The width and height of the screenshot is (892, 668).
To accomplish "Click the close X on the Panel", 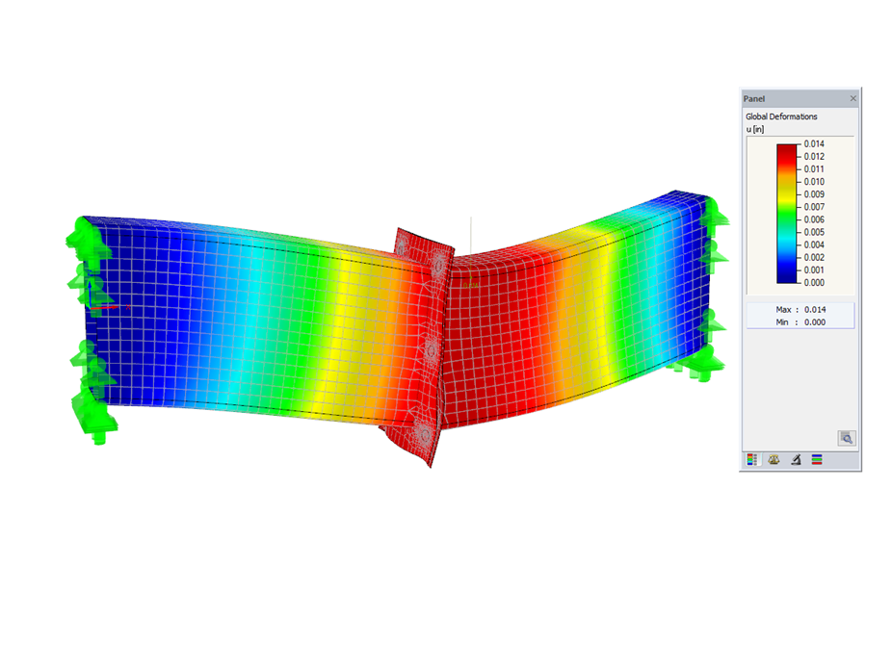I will [x=853, y=99].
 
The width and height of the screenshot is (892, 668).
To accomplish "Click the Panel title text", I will [x=753, y=99].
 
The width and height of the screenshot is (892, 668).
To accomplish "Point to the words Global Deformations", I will [x=781, y=116].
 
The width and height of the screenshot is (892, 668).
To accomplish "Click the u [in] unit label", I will [x=754, y=128].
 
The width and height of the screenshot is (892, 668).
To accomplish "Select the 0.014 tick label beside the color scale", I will [x=815, y=143].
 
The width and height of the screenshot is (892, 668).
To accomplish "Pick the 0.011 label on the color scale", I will [x=815, y=168].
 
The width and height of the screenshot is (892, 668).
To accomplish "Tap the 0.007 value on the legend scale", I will [x=815, y=207].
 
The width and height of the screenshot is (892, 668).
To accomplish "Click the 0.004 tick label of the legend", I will [x=815, y=244].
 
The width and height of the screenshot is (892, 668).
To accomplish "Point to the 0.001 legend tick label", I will [x=815, y=270].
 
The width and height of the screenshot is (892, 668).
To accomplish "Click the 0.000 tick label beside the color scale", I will [x=815, y=283].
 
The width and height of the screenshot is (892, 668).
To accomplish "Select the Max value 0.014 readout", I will [x=814, y=308].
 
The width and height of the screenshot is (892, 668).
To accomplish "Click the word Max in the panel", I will [x=783, y=308].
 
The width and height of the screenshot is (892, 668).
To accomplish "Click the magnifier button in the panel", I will [x=846, y=438].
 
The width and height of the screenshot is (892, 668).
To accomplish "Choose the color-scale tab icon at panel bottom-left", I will [x=752, y=460].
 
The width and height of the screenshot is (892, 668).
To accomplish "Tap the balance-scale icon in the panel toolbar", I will [x=774, y=460].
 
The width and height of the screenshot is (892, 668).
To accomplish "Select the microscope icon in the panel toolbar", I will [x=796, y=460].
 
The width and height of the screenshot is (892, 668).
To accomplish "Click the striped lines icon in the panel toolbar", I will [x=817, y=460].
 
